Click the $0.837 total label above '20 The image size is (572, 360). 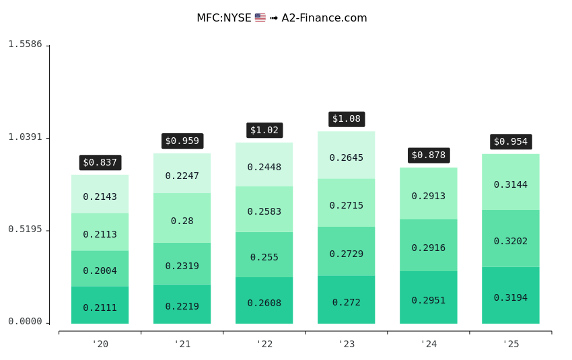pos(100,162)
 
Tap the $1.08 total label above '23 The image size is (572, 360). pos(347,119)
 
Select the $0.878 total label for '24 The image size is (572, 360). pos(429,155)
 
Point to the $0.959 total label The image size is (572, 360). pos(182,141)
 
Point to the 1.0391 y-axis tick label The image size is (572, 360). pos(25,137)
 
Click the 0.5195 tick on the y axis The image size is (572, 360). pos(25,229)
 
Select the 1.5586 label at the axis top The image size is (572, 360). pos(25,44)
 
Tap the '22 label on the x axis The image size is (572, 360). pos(264,345)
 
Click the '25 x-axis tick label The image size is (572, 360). pos(510,345)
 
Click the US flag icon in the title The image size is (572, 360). pos(260,18)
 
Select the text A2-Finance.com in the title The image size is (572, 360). pos(324,18)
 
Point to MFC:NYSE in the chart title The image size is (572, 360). pos(223,18)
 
